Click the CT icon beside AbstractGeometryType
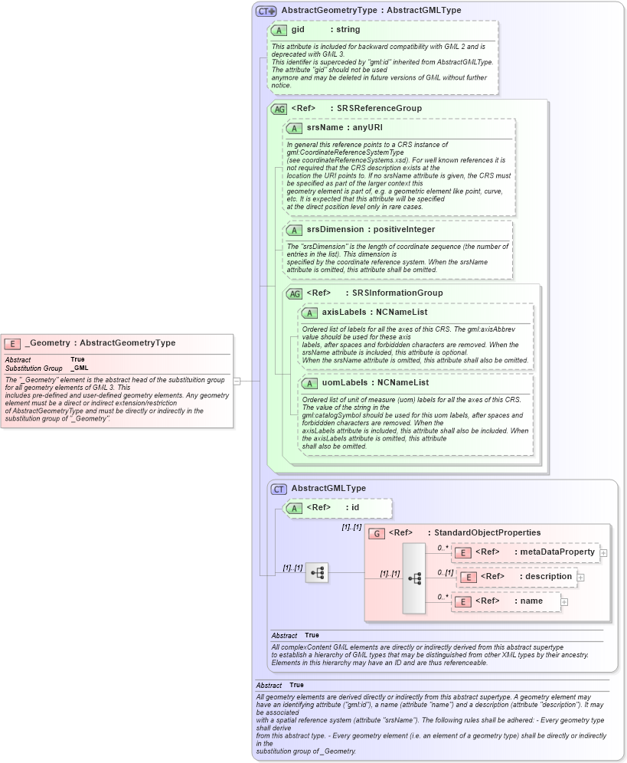coord(266,11)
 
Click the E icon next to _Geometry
coord(12,343)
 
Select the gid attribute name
coord(298,30)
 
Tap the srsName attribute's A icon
coord(294,128)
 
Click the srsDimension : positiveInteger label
coord(371,230)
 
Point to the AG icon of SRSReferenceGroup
coord(279,109)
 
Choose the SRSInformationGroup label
coord(397,293)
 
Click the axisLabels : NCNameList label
coord(374,313)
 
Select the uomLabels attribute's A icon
coord(309,383)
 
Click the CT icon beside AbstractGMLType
coord(279,489)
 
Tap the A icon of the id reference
coord(294,508)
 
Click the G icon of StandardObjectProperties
coord(376,533)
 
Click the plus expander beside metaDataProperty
coord(604,552)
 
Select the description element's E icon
coord(468,577)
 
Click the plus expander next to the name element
coord(564,602)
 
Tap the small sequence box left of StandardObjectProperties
coord(317,572)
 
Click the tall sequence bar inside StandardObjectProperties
coord(414,578)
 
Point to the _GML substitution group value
coord(80,368)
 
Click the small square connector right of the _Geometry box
coord(237,381)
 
